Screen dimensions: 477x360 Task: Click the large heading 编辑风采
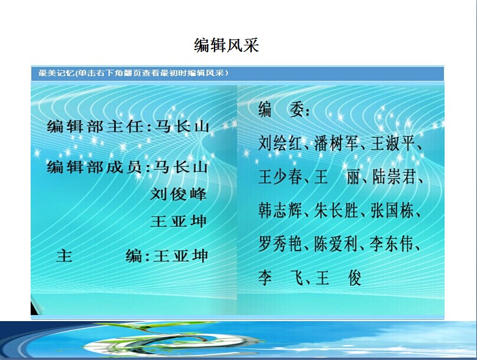226,45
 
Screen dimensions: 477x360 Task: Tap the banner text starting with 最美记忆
133,73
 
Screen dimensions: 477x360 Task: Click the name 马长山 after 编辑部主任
182,127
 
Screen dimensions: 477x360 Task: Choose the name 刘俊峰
179,194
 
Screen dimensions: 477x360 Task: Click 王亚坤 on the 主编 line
180,256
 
